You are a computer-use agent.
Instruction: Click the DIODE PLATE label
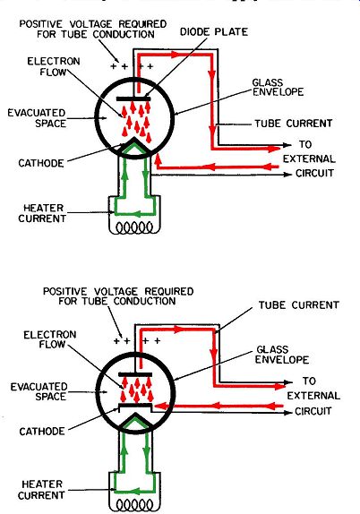tap(214, 32)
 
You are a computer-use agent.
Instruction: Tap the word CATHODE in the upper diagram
tap(41, 163)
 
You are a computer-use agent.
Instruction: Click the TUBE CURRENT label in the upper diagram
tap(294, 124)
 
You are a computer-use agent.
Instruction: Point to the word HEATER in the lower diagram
tap(42, 484)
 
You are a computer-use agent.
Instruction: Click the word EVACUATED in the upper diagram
tap(37, 113)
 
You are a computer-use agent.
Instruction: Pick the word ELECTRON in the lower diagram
tap(50, 335)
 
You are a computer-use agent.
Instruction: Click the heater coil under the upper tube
tap(134, 227)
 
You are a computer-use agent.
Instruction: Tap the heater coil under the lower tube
tap(134, 504)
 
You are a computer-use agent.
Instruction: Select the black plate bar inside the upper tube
tap(133, 99)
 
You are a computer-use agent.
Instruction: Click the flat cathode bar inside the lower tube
tap(135, 406)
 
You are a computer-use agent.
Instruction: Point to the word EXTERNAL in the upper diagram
tap(309, 159)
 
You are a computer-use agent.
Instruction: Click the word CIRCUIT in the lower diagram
tap(313, 411)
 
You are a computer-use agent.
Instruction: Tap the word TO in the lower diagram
tap(309, 381)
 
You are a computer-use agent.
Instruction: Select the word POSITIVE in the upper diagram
tap(41, 24)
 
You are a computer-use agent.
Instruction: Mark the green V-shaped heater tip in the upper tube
tap(134, 146)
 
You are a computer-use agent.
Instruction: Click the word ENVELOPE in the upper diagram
tap(278, 91)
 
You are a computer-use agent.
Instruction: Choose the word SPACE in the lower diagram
tap(50, 397)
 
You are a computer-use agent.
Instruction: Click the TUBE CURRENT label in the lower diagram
tap(299, 304)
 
